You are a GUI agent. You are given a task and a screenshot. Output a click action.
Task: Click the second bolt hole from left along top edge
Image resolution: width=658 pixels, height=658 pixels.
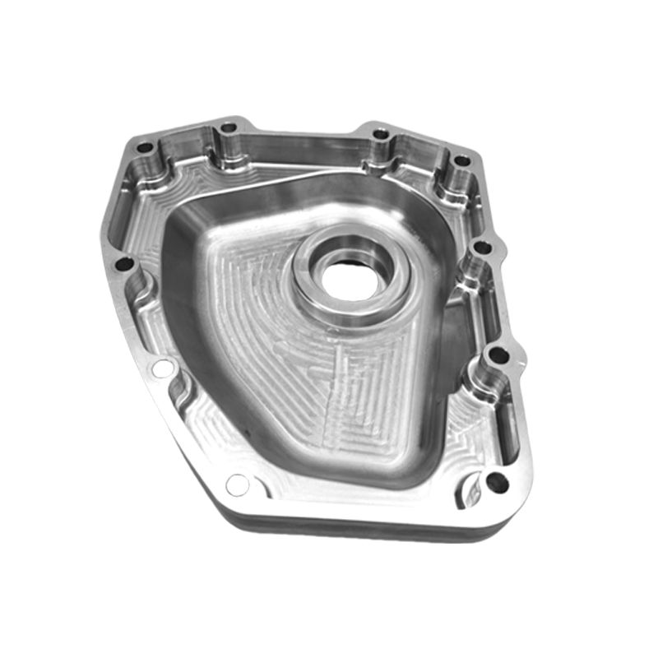[229, 128]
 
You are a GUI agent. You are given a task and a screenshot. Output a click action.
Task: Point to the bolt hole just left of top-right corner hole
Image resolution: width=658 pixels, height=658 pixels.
[380, 134]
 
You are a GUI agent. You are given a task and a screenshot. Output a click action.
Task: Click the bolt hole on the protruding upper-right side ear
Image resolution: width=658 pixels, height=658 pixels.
[484, 246]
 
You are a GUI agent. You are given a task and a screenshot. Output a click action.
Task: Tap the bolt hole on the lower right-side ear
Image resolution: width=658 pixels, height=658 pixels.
[498, 356]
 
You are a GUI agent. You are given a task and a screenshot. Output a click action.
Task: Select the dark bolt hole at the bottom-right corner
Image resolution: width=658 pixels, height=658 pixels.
[496, 483]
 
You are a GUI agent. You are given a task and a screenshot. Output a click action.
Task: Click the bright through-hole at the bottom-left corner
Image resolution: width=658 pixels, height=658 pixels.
[237, 484]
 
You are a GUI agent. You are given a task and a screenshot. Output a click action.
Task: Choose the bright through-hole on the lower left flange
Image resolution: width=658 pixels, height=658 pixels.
[163, 368]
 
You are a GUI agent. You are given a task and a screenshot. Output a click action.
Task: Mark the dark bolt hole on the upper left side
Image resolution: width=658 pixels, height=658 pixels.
[124, 265]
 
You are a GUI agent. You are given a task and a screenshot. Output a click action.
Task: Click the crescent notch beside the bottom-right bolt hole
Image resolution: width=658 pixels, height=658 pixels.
[472, 492]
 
